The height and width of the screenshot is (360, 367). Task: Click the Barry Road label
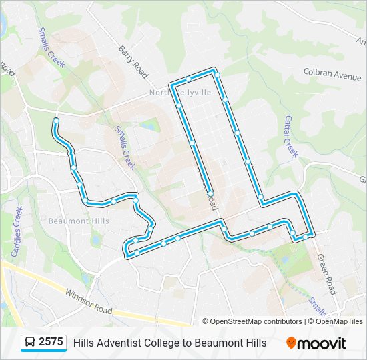tap(133, 61)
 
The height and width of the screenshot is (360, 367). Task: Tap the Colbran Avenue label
tap(332, 74)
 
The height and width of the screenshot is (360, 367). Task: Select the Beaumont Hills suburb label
tap(78, 221)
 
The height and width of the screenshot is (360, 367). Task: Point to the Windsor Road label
tap(89, 302)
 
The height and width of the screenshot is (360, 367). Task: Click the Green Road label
tap(326, 273)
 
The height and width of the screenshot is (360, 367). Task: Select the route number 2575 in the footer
tap(51, 342)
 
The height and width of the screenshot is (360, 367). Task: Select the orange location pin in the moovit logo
tap(292, 343)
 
